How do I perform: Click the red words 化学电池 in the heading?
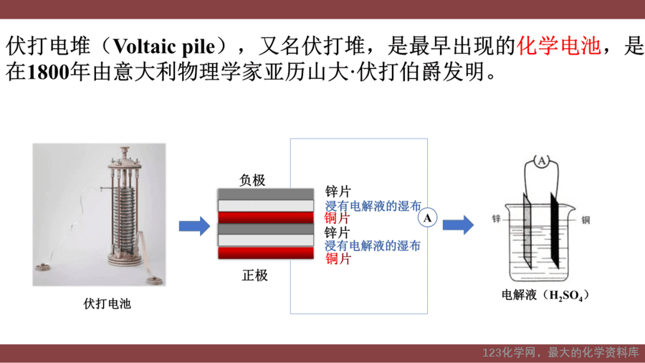coord(558,46)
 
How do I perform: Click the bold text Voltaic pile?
coord(164,47)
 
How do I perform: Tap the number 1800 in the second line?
coord(48,72)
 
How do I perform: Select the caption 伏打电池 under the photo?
coord(107,303)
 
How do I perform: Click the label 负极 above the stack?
coord(252,180)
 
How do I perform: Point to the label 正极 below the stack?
coord(254,275)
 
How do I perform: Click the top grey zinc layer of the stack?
coord(266,194)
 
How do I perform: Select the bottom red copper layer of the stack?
coord(266,253)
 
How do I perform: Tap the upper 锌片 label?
coord(338,192)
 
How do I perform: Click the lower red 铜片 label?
coord(338,259)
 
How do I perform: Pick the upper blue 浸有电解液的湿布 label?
coord(373,206)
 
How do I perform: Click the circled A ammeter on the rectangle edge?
coord(427,217)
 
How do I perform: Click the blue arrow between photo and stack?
coord(194,226)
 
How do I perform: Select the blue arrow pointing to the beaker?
coord(458,225)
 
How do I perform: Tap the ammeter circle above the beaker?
coord(542,161)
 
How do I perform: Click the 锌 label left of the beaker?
coord(497,219)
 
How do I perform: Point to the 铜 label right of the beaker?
coord(586,220)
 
